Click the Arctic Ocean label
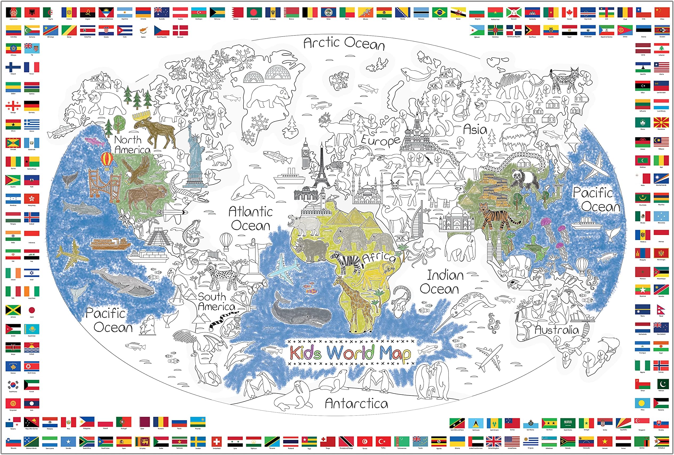(344, 43)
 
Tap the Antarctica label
(356, 403)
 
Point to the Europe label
(380, 141)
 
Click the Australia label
(557, 330)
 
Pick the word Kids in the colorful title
(305, 353)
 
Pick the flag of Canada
(569, 13)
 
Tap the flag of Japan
(32, 310)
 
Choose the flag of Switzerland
(216, 442)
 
